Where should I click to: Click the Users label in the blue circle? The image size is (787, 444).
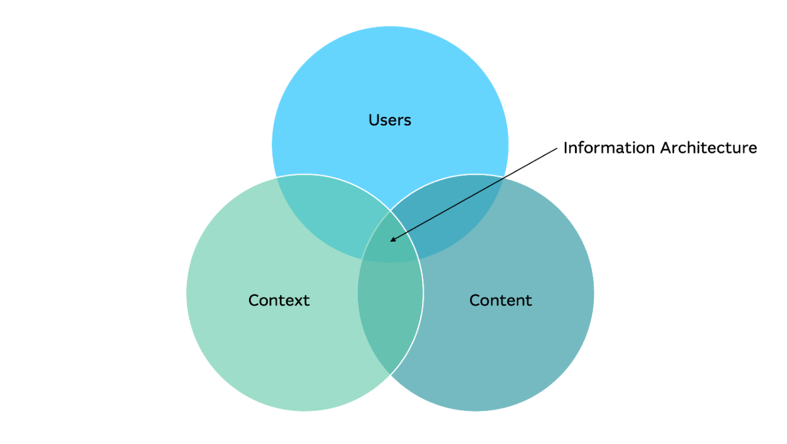pos(390,120)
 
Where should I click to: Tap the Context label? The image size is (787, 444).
pos(279,300)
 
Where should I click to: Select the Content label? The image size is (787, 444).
pos(500,300)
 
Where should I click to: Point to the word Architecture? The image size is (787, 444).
pos(708,148)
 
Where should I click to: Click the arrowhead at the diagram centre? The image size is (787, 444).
pos(392,240)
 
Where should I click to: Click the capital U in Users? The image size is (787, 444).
pos(373,120)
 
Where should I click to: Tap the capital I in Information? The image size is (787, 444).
pos(566,148)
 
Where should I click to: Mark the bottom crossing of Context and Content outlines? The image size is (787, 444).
pos(390,374)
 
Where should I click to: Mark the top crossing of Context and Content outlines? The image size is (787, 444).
pos(390,211)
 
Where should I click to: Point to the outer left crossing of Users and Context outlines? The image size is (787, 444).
pos(277,177)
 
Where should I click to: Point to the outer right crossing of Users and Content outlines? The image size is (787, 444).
pos(504,177)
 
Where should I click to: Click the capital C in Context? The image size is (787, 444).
pos(253,300)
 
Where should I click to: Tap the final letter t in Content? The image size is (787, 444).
pos(529,300)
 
